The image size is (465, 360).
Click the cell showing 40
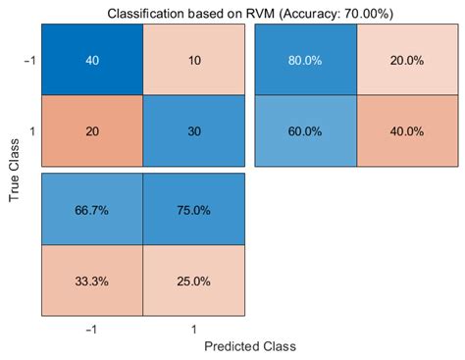tap(91, 61)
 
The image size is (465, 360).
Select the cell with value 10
tap(194, 61)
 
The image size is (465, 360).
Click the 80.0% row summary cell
tap(305, 61)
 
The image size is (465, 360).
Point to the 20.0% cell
tap(407, 61)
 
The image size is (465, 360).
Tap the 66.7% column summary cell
tap(91, 210)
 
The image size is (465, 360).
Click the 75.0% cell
tap(194, 210)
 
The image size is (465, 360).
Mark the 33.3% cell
tap(91, 281)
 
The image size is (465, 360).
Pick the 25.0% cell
tap(194, 281)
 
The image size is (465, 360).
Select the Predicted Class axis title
tap(249, 346)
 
